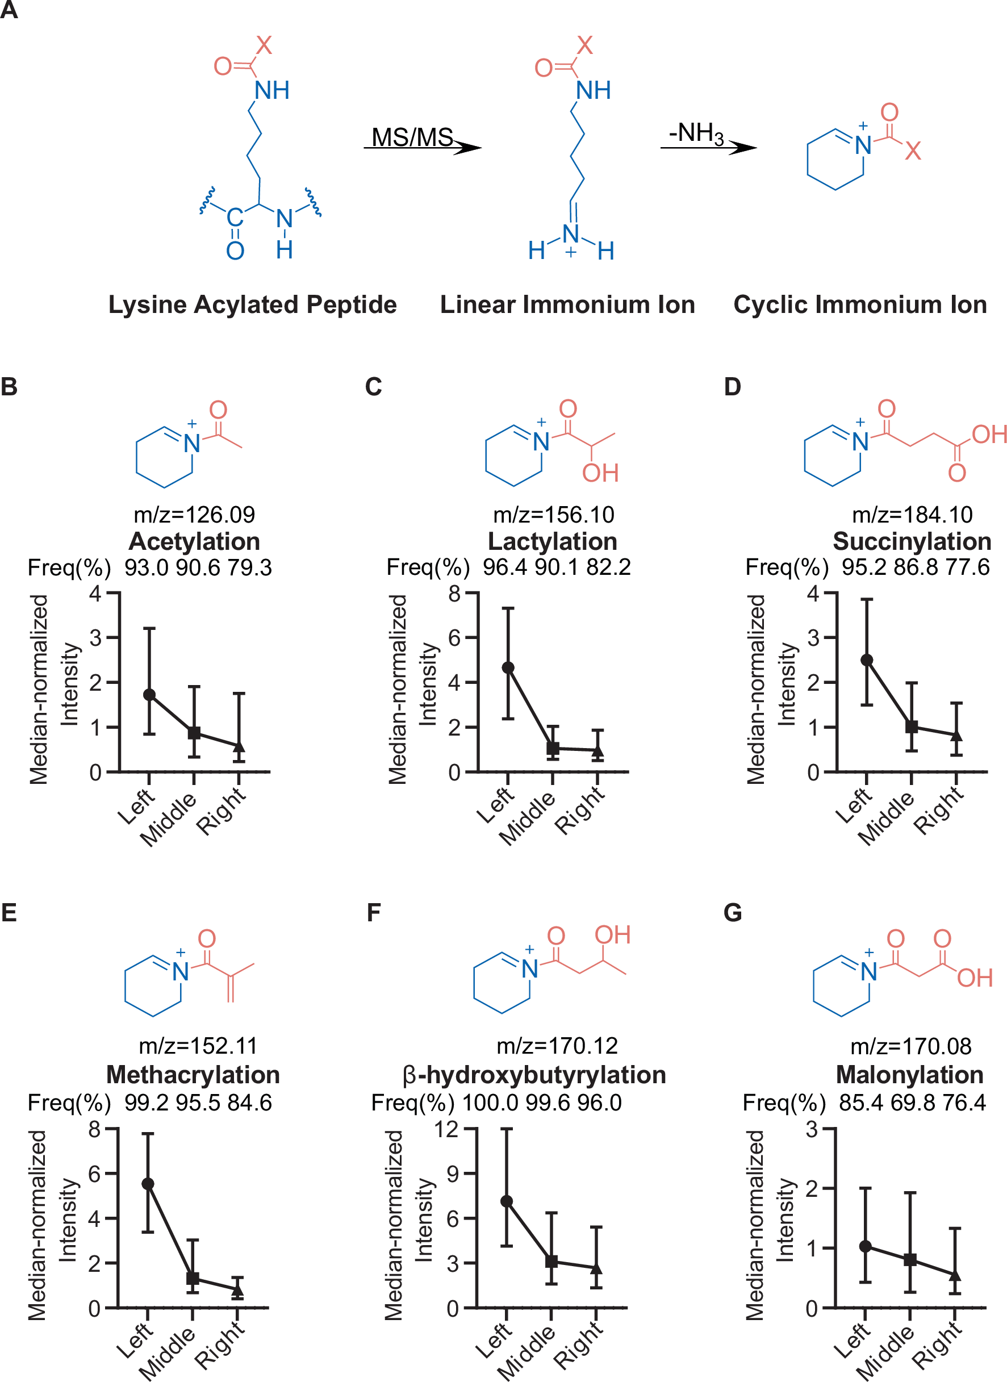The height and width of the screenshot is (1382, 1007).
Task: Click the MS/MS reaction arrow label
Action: click(x=412, y=137)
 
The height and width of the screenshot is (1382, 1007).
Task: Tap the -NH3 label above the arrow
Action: click(x=696, y=133)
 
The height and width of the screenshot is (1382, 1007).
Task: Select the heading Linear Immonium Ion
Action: click(x=567, y=304)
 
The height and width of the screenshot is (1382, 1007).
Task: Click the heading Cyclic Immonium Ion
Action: click(x=860, y=304)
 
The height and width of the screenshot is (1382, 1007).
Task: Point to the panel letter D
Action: click(x=732, y=386)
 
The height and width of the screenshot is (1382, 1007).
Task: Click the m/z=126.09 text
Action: click(x=194, y=515)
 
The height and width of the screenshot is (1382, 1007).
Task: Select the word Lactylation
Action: click(x=552, y=541)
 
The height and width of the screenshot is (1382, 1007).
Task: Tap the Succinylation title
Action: click(x=912, y=541)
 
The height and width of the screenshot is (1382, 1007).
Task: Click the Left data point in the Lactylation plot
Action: click(x=508, y=667)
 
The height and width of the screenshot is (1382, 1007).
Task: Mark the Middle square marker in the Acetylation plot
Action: click(x=194, y=733)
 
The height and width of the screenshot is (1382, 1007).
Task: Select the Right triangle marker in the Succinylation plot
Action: click(x=956, y=736)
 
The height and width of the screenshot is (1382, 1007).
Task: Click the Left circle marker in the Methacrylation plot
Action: click(x=148, y=1184)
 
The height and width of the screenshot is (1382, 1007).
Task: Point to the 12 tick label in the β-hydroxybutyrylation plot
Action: click(x=446, y=1129)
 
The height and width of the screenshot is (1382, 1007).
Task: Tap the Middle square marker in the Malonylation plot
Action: click(x=910, y=1259)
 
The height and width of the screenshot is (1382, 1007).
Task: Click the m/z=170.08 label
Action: click(x=910, y=1046)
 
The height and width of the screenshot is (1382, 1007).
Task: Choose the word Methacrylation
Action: click(x=193, y=1075)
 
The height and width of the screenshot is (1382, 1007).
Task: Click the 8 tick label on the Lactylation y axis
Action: click(x=454, y=592)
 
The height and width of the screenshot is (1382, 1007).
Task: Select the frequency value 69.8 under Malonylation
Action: click(x=912, y=1103)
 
